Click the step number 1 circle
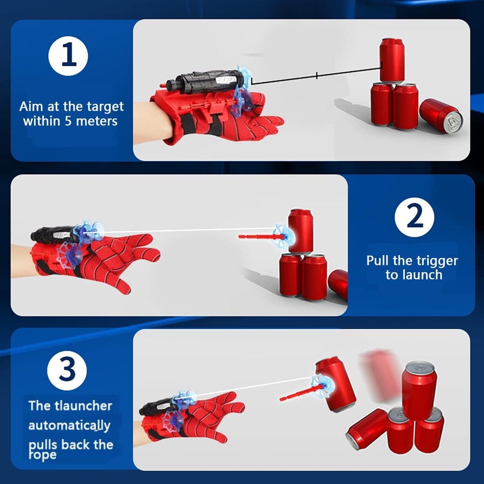(68, 56)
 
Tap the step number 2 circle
(414, 217)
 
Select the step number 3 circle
(67, 370)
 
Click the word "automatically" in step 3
(69, 426)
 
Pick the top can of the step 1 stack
(392, 60)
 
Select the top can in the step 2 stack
(301, 230)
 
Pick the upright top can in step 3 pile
(419, 390)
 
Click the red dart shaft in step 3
(295, 394)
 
